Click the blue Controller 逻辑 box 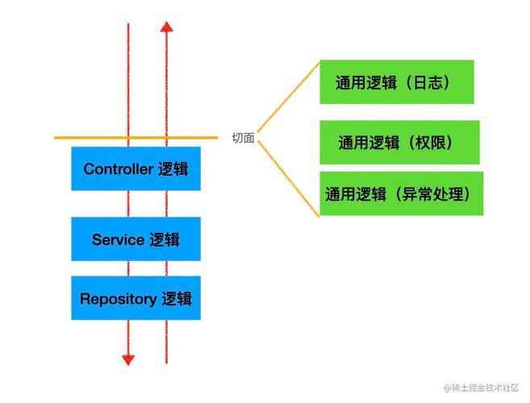point(136,168)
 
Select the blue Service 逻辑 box point(136,239)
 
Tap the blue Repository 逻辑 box point(136,298)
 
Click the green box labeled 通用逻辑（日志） point(396,81)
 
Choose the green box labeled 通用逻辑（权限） point(399,143)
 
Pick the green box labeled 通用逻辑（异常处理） point(401,193)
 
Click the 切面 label point(243,138)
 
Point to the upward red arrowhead point(166,27)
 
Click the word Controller point(118,169)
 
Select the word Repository point(118,299)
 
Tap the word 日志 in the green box point(427,82)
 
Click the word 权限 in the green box point(432,143)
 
